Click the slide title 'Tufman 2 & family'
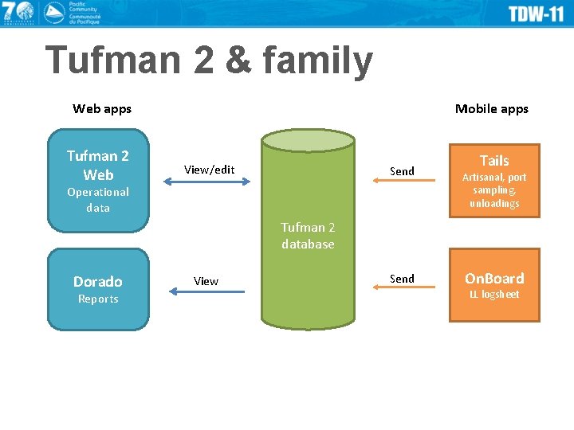coord(209,61)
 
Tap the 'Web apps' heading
coord(102,108)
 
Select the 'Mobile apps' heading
coord(491,108)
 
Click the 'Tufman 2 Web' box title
coord(98,165)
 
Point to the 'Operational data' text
coord(98,200)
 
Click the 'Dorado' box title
coord(98,281)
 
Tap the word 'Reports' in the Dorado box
coord(98,299)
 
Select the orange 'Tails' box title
coord(494,161)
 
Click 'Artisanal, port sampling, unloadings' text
coord(494,190)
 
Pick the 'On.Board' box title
coord(494,278)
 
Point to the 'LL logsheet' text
coord(494,295)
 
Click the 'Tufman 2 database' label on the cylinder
coord(308,236)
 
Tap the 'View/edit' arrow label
coord(209,169)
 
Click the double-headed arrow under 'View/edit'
coord(207,182)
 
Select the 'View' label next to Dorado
coord(206,281)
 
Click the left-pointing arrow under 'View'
coord(207,292)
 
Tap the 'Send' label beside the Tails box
coord(402,171)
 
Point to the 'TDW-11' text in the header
coord(536,14)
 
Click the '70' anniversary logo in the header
coord(18,12)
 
